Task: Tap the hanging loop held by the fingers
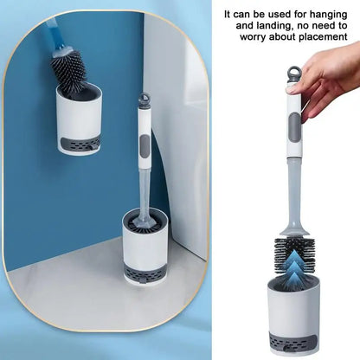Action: coord(293,73)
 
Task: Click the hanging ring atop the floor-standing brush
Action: coord(145,100)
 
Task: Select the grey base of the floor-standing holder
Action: coord(145,273)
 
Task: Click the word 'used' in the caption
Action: coord(282,15)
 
